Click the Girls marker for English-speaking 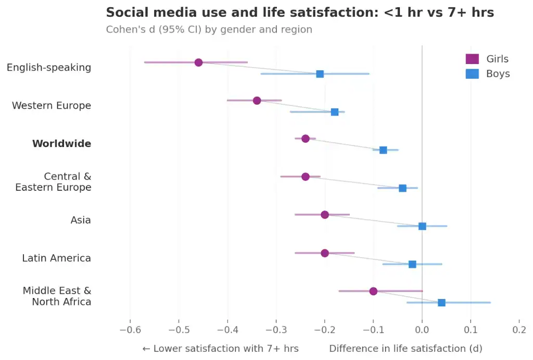tap(198, 63)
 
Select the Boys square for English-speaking tap(320, 74)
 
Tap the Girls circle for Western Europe tap(257, 101)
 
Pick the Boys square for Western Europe tap(335, 112)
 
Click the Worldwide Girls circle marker tap(306, 139)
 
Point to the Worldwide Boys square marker tap(383, 150)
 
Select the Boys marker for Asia tap(422, 226)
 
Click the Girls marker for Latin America tap(325, 253)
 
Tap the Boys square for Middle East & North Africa tap(441, 303)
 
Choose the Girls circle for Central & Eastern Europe tap(306, 177)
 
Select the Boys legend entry tap(487, 74)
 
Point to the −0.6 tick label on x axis tap(130, 329)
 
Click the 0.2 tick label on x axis tap(519, 329)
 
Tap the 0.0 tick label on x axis tap(422, 329)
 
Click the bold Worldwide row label tap(61, 144)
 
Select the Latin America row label tap(56, 258)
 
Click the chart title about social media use tap(300, 13)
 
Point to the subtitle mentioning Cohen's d tap(209, 30)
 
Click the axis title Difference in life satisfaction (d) tap(405, 349)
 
